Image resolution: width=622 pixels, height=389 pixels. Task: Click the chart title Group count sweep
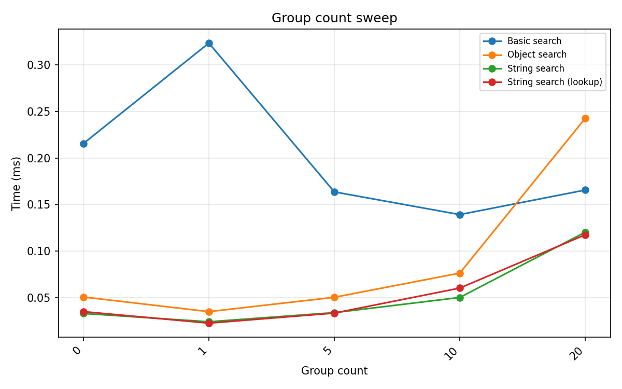pyautogui.click(x=334, y=18)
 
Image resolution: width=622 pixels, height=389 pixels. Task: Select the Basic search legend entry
pyautogui.click(x=534, y=41)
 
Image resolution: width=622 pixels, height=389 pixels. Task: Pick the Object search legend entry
pyautogui.click(x=536, y=54)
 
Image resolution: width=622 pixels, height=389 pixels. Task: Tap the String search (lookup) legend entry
pyautogui.click(x=554, y=82)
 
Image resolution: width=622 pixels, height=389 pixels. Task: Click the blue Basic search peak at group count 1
pyautogui.click(x=209, y=43)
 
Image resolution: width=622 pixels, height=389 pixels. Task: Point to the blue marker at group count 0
pyautogui.click(x=83, y=144)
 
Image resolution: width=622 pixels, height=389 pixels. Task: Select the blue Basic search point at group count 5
pyautogui.click(x=334, y=192)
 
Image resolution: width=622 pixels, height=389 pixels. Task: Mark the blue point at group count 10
pyautogui.click(x=460, y=215)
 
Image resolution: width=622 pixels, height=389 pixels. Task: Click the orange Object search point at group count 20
pyautogui.click(x=585, y=118)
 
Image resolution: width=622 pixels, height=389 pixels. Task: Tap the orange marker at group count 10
pyautogui.click(x=460, y=273)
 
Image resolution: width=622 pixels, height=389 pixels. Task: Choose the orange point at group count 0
pyautogui.click(x=83, y=297)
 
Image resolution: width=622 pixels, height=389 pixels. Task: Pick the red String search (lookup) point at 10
pyautogui.click(x=460, y=288)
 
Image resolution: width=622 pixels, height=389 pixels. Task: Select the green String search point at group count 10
pyautogui.click(x=460, y=298)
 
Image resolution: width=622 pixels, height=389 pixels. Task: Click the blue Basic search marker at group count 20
pyautogui.click(x=585, y=190)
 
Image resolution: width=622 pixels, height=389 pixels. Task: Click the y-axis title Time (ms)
pyautogui.click(x=17, y=183)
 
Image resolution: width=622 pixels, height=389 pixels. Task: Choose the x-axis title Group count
pyautogui.click(x=334, y=371)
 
